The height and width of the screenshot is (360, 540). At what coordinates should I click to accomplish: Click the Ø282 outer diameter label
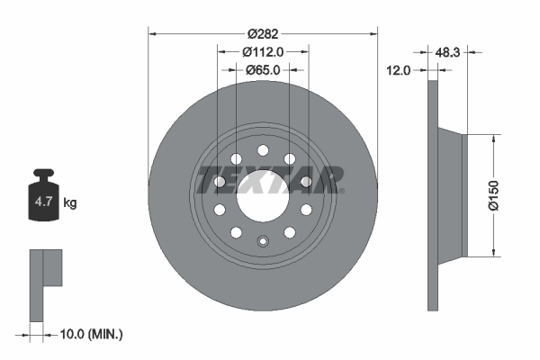tap(263, 33)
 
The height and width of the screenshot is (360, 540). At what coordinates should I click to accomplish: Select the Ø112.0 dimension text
tap(263, 51)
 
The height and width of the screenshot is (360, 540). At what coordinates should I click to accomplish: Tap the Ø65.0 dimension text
tap(263, 69)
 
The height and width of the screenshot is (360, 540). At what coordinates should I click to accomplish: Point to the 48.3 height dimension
tap(447, 53)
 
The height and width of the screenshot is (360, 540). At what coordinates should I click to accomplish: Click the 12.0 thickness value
tap(399, 69)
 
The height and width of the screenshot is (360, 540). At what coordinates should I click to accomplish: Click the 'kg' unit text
tap(70, 203)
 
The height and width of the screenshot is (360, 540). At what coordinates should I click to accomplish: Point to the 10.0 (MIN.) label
tap(88, 334)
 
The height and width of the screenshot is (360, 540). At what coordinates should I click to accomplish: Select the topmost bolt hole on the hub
tap(263, 150)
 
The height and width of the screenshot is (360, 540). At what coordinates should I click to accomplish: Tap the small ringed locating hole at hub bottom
tap(263, 241)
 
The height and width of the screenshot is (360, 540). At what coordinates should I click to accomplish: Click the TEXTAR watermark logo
tap(269, 179)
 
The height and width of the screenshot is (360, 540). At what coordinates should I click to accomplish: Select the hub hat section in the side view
tap(451, 195)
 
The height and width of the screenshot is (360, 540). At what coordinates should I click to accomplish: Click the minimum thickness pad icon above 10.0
tap(46, 283)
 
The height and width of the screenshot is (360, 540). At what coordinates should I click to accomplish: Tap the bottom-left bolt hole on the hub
tap(236, 232)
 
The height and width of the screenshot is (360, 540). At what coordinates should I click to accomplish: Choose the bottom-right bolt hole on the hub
tap(290, 232)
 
